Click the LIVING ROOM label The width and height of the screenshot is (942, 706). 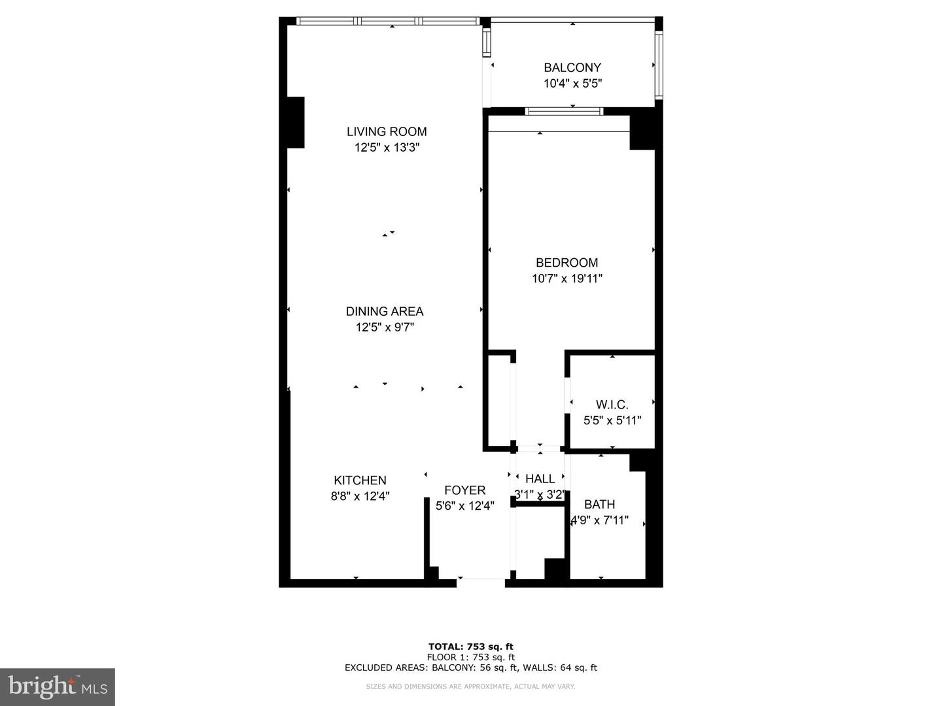pos(387,131)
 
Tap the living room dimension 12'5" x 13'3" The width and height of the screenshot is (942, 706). pos(387,148)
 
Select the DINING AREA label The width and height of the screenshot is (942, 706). pos(385,312)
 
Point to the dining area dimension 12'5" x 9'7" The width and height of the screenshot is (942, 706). pos(385,328)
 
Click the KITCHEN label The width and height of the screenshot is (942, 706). pos(360,480)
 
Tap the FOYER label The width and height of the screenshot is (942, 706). pos(464,490)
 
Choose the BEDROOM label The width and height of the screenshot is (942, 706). pos(567,263)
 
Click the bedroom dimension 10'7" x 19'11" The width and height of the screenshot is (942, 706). pos(567,279)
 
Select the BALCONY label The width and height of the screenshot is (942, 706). pos(572,67)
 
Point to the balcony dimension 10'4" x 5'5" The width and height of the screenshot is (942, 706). pos(572,84)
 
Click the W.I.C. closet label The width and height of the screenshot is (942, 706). pos(612,405)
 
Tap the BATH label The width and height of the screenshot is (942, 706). pos(599,505)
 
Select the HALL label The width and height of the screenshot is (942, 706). pos(540,479)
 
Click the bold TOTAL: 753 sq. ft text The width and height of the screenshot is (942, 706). pos(470,647)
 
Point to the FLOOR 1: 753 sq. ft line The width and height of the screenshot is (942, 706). pos(470,658)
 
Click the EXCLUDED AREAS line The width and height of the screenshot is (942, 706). pos(470,668)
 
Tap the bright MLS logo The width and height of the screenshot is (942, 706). pos(58,686)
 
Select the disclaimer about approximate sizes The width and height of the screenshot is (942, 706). pos(470,686)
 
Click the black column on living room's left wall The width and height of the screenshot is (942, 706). pos(296,122)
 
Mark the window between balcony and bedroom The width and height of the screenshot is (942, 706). pos(564,112)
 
